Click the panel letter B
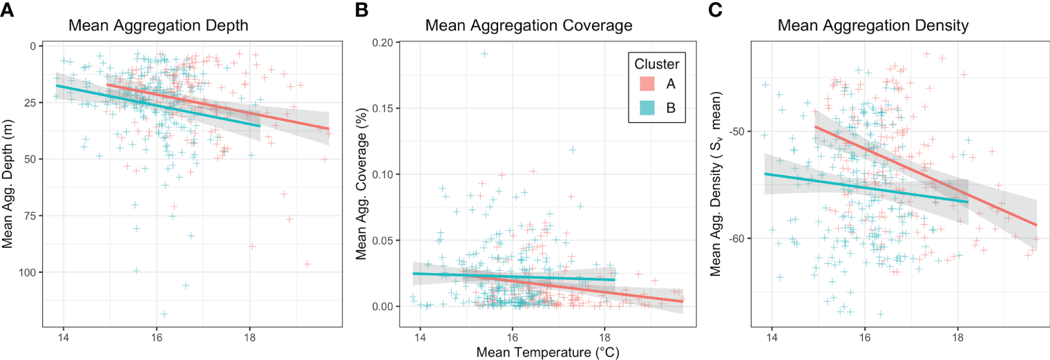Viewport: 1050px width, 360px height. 361,10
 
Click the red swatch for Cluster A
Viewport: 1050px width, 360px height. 647,84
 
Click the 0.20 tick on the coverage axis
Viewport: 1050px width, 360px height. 385,43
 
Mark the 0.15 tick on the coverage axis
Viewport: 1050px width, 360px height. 385,108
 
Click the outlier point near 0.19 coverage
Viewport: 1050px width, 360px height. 485,53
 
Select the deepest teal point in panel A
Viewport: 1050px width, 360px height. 164,314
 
